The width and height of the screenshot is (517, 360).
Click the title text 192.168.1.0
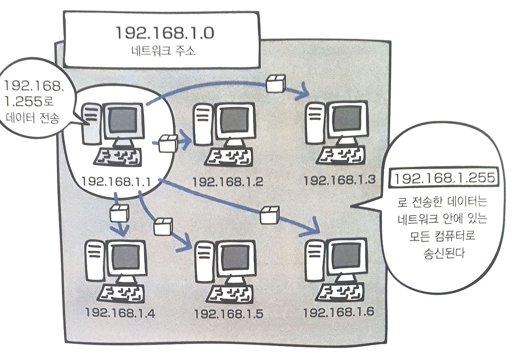(x=165, y=34)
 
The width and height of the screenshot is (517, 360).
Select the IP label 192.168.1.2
(x=228, y=181)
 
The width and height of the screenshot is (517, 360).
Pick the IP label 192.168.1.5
(x=229, y=314)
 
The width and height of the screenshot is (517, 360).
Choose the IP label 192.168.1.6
(x=339, y=312)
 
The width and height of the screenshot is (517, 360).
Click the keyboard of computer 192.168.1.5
(x=229, y=292)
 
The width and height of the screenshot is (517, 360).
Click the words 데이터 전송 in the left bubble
(x=33, y=118)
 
